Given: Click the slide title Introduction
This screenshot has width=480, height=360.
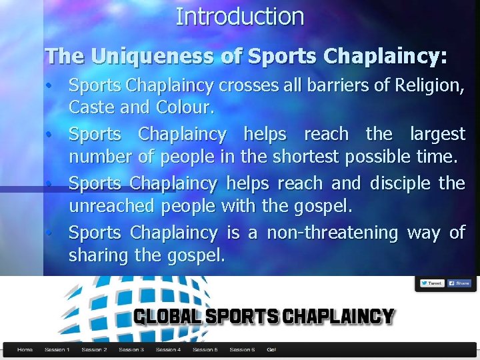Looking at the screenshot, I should (x=239, y=16).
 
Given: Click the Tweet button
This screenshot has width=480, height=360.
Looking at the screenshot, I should (x=431, y=283).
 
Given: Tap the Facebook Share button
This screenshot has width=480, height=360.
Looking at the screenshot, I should (x=459, y=283).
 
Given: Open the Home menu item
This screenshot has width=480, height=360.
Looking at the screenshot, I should (x=25, y=349).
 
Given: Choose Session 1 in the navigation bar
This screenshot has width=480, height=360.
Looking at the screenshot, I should (x=57, y=349).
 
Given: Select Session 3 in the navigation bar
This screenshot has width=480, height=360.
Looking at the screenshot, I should (x=131, y=349).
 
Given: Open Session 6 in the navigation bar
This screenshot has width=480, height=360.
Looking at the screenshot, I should (x=241, y=349).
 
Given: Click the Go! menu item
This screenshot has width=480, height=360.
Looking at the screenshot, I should (x=271, y=349).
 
